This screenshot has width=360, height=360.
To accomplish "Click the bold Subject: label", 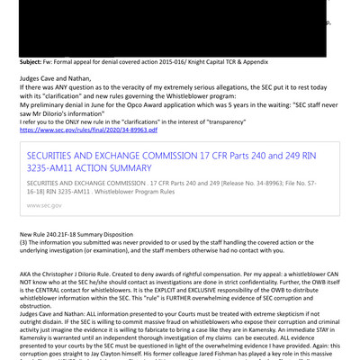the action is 37,61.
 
